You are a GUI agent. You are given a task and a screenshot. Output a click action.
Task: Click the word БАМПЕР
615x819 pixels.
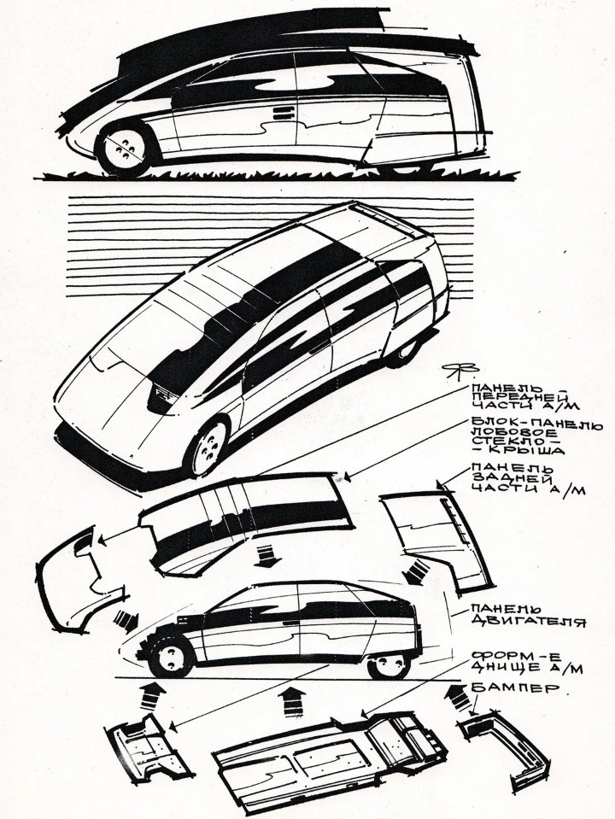click(x=515, y=687)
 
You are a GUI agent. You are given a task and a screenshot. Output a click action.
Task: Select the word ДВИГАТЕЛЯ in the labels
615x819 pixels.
click(x=528, y=622)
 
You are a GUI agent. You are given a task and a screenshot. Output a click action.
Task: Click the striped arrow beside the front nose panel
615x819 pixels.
click(x=126, y=618)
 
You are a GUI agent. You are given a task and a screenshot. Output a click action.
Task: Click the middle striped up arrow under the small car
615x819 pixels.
click(x=293, y=704)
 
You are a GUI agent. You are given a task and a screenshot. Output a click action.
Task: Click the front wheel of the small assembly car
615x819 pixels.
click(x=170, y=657)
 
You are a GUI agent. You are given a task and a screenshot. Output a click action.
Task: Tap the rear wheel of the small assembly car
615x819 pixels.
click(x=389, y=665)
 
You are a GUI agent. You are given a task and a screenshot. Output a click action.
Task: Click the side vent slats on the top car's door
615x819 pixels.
click(x=282, y=113)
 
